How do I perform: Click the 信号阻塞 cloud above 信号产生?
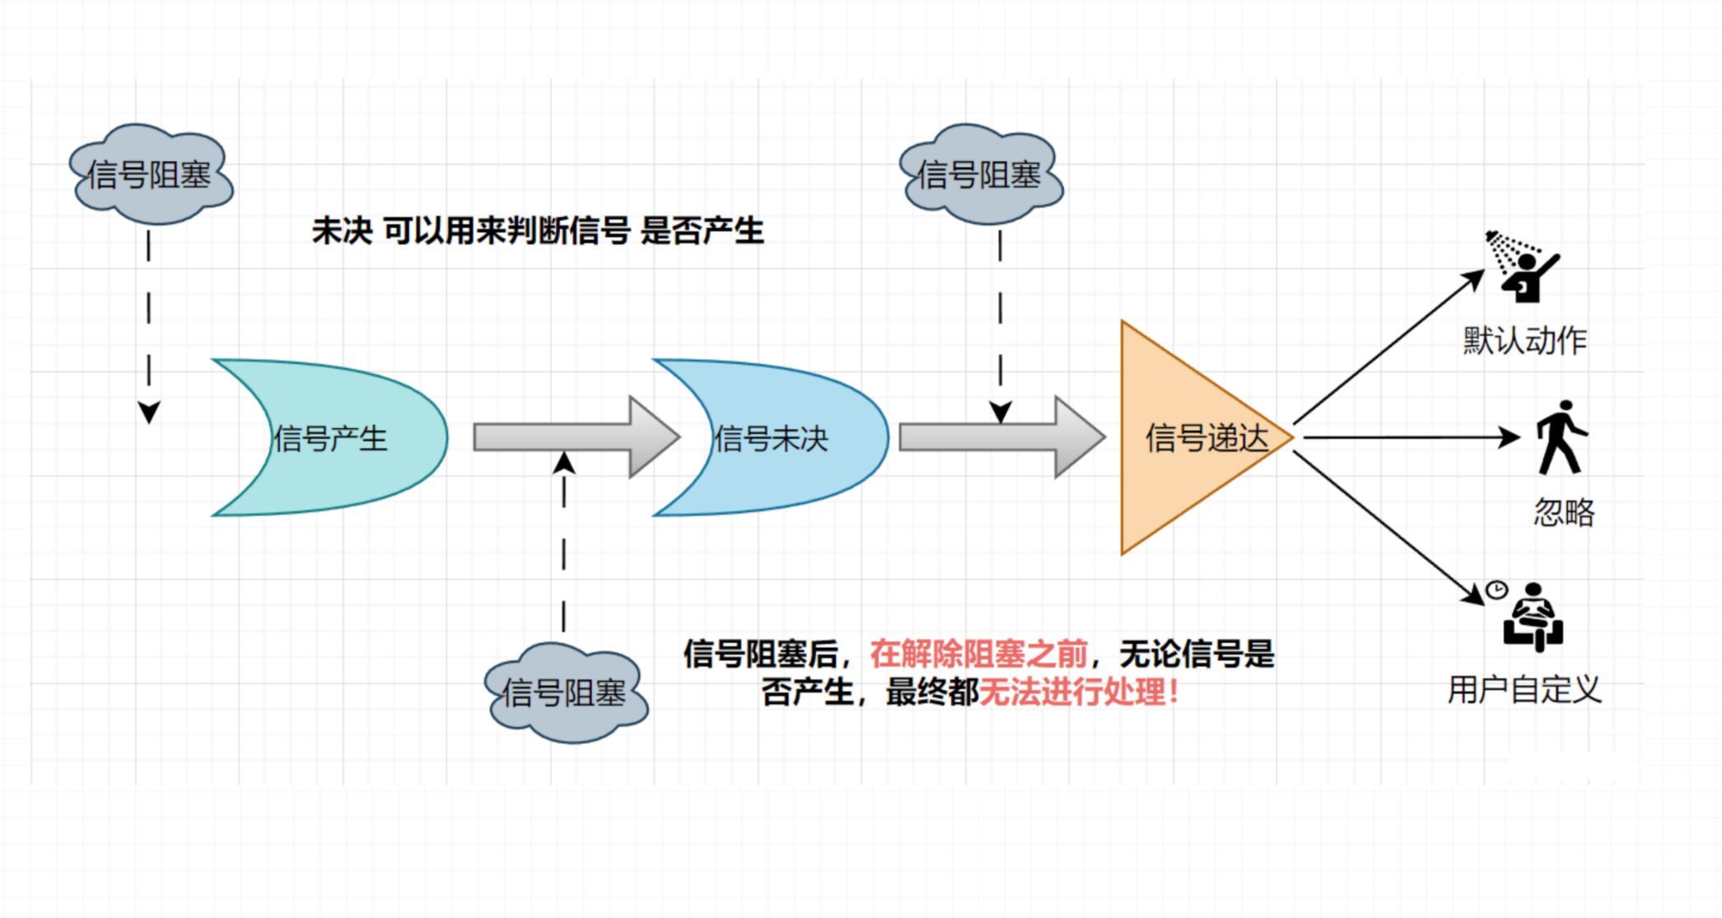(150, 175)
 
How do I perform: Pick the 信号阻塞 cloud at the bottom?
(565, 692)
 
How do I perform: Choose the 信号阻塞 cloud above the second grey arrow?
(980, 175)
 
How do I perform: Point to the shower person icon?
(1523, 268)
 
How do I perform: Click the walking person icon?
(1561, 438)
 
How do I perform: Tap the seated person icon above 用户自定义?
(1533, 619)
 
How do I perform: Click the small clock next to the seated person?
(1496, 589)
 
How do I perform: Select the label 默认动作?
(1524, 341)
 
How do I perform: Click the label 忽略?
(1564, 513)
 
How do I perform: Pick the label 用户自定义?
(1524, 690)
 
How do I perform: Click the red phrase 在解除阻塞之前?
(978, 655)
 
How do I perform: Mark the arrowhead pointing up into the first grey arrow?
(564, 463)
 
